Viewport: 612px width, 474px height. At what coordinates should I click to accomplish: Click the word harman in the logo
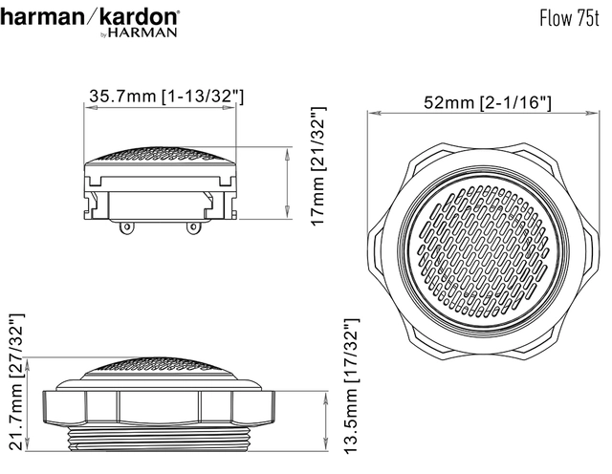pos(44,17)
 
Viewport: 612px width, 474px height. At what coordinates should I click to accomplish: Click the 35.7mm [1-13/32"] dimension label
pos(160,97)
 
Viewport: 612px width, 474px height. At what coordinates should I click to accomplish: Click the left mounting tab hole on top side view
pos(125,227)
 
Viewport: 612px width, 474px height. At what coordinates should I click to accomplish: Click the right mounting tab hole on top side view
pos(194,227)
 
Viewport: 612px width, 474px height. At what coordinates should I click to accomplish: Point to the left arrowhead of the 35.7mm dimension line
pos(88,110)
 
